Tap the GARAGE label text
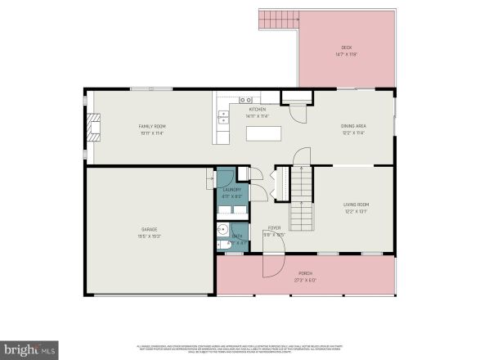148,230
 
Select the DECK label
347,48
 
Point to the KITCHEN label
258,109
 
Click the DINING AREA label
353,125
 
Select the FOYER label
275,228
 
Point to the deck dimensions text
347,55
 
